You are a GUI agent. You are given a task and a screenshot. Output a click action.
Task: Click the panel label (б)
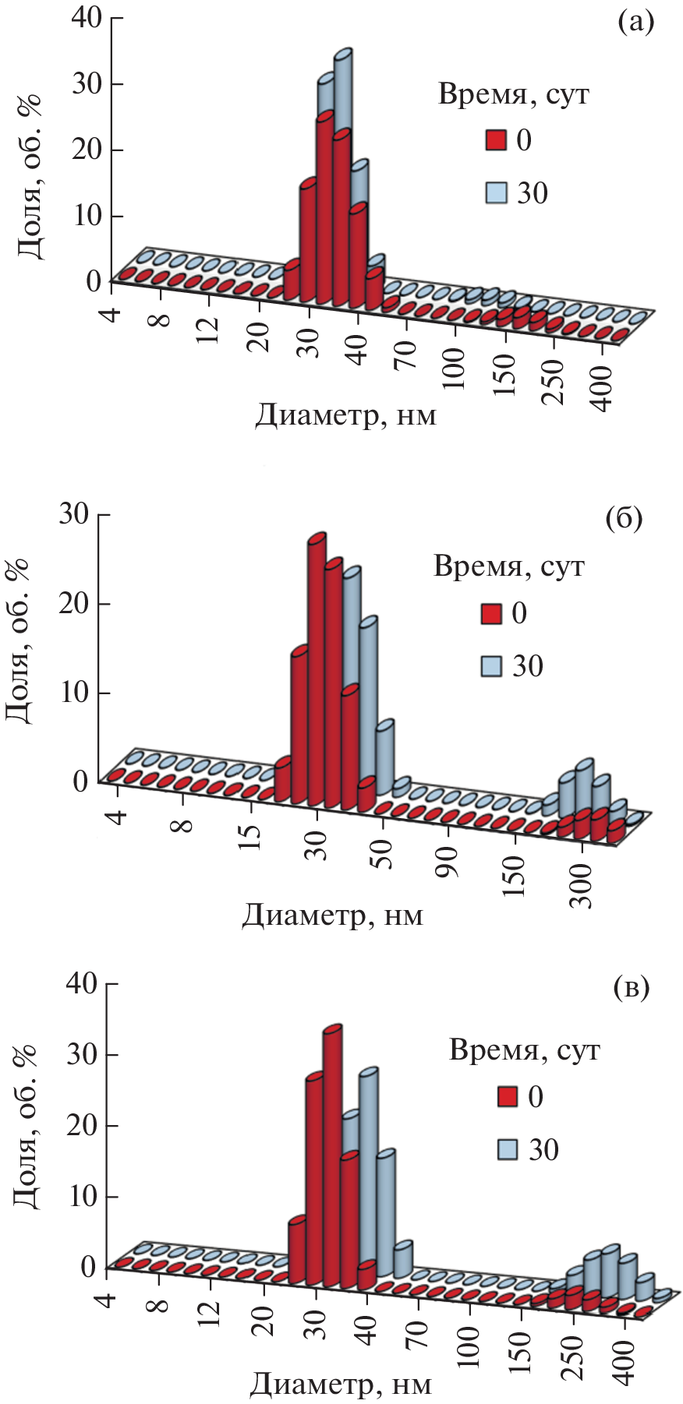(x=623, y=519)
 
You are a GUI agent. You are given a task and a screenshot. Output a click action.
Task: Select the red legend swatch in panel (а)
(x=496, y=140)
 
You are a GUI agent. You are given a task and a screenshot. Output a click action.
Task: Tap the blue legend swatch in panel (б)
(x=491, y=666)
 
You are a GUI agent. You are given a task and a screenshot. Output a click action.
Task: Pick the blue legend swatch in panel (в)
(x=508, y=1149)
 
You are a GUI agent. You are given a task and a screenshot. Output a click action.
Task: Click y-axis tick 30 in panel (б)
(x=73, y=514)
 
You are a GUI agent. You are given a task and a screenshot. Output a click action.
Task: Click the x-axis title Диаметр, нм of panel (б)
(x=332, y=915)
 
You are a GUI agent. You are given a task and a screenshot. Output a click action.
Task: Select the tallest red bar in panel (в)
(x=332, y=1153)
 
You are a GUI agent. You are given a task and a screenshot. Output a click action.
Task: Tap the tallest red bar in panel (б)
(x=317, y=670)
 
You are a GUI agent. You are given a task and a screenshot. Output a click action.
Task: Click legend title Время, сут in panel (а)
(x=513, y=94)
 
